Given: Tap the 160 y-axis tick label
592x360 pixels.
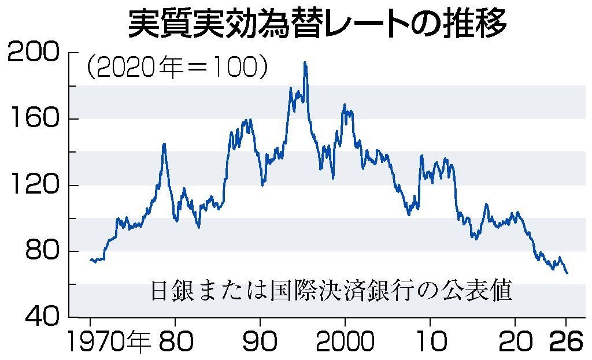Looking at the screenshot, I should [x=33, y=119].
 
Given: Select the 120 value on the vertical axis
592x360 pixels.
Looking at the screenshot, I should [x=33, y=185].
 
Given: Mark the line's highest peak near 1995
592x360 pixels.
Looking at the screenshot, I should [x=305, y=62].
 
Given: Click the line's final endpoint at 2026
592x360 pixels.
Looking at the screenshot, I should [x=567, y=273].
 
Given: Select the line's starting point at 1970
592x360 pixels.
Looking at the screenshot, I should [x=90, y=259].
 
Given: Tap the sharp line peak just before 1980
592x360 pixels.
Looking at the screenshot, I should [x=164, y=144].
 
